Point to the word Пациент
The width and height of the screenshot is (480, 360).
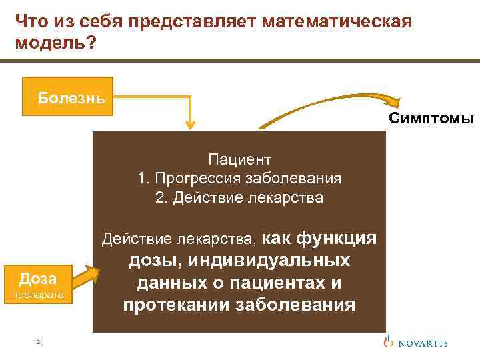point(239,159)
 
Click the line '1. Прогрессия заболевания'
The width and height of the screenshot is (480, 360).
point(239,179)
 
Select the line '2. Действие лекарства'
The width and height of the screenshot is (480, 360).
point(239,198)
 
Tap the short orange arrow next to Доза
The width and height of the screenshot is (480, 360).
point(83,275)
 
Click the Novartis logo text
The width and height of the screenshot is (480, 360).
point(424,343)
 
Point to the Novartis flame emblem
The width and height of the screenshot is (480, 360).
point(389,341)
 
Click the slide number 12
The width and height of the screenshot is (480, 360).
point(37,342)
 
